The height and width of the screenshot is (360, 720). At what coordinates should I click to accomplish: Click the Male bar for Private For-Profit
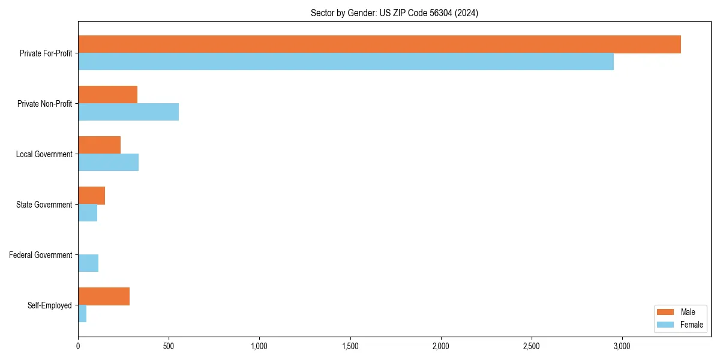tap(379, 44)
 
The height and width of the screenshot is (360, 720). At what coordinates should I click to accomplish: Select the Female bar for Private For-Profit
tap(346, 62)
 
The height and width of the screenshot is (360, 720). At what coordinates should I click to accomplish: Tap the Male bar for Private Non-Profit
tap(108, 95)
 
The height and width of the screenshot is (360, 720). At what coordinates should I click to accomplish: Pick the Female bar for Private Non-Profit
tap(128, 112)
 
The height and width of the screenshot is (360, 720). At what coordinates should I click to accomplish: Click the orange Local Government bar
tap(100, 145)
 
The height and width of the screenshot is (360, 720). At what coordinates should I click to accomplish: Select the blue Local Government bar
tap(109, 163)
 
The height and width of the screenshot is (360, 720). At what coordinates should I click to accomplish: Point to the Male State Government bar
tap(92, 196)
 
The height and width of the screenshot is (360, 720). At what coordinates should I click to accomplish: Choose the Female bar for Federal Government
tap(88, 263)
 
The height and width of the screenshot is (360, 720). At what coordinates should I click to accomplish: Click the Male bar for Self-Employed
tap(104, 296)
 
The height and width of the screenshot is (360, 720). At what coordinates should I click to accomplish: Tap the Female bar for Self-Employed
tap(82, 314)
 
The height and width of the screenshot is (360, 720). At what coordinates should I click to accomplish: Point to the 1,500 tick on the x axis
tap(350, 346)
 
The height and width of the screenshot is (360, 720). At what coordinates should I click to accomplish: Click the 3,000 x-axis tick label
tap(622, 346)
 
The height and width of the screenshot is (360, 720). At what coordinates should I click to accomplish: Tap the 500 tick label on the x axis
tap(169, 346)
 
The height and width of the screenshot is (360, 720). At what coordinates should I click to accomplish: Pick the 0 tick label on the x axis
tap(78, 346)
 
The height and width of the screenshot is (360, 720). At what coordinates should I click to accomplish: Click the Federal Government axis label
tap(41, 255)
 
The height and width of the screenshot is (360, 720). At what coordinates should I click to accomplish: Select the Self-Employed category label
tap(50, 305)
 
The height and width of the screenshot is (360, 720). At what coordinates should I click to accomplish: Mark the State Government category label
tap(44, 205)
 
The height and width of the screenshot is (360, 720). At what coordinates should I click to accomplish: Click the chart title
tap(394, 13)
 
